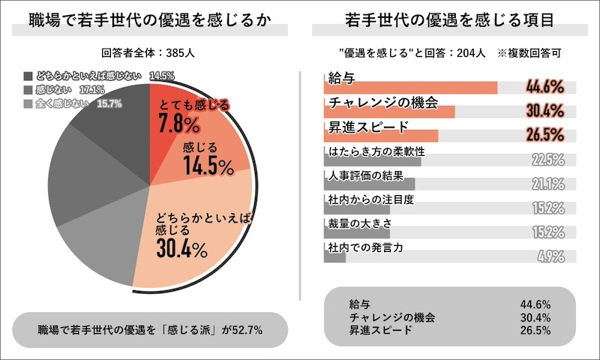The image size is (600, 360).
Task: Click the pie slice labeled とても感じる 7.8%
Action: pyautogui.click(x=172, y=112)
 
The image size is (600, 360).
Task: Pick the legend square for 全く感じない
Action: pyautogui.click(x=28, y=103)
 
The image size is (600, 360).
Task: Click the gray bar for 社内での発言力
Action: pyautogui.click(x=334, y=257)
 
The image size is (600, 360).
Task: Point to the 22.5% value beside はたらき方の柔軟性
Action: pyautogui.click(x=547, y=159)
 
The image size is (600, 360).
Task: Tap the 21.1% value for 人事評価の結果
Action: pyautogui.click(x=547, y=184)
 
